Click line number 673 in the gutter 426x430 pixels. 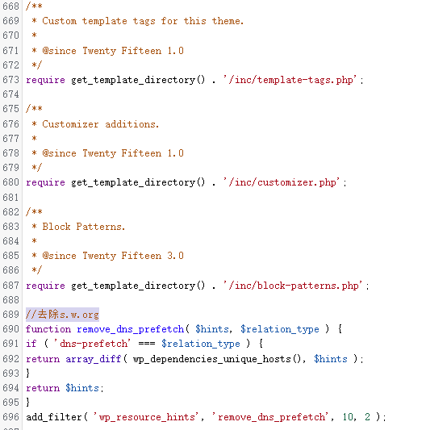click(10, 80)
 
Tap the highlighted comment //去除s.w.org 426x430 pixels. click(62, 315)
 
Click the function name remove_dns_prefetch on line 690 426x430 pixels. click(130, 329)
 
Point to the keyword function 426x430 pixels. click(48, 329)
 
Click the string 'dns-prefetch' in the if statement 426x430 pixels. click(92, 344)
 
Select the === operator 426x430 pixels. click(147, 344)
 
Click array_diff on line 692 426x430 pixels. click(94, 359)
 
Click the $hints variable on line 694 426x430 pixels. click(82, 388)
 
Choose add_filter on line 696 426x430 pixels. click(54, 417)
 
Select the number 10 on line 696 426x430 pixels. click(348, 417)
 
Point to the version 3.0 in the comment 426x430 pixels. click(175, 256)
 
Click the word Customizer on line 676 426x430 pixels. click(70, 124)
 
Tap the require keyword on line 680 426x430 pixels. click(45, 182)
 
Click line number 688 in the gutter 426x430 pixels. click(10, 300)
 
